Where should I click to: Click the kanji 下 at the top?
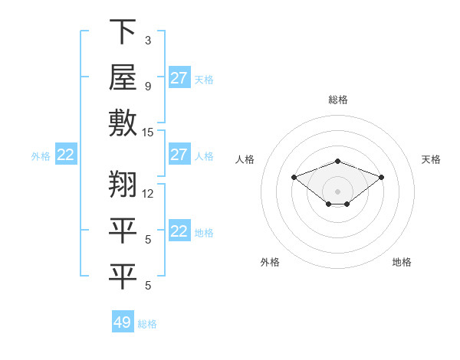click(123, 31)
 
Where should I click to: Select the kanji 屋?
click(123, 77)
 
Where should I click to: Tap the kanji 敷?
click(123, 123)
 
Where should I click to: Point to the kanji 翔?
click(123, 184)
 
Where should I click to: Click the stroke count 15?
click(147, 133)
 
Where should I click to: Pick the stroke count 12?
click(147, 194)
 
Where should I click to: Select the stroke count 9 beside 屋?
click(148, 87)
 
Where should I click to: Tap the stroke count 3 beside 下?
click(148, 41)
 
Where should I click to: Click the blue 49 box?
click(123, 321)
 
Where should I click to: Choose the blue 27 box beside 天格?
click(180, 77)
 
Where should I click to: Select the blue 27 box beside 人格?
click(180, 154)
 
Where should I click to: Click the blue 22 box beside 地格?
click(180, 230)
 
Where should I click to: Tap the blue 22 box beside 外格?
click(66, 154)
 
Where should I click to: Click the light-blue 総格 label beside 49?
click(147, 324)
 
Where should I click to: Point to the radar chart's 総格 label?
click(338, 100)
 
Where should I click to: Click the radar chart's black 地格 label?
click(402, 262)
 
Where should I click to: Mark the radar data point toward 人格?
click(294, 177)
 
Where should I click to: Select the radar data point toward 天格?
click(381, 177)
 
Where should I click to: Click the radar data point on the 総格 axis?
click(337, 162)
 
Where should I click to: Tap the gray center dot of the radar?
click(337, 191)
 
